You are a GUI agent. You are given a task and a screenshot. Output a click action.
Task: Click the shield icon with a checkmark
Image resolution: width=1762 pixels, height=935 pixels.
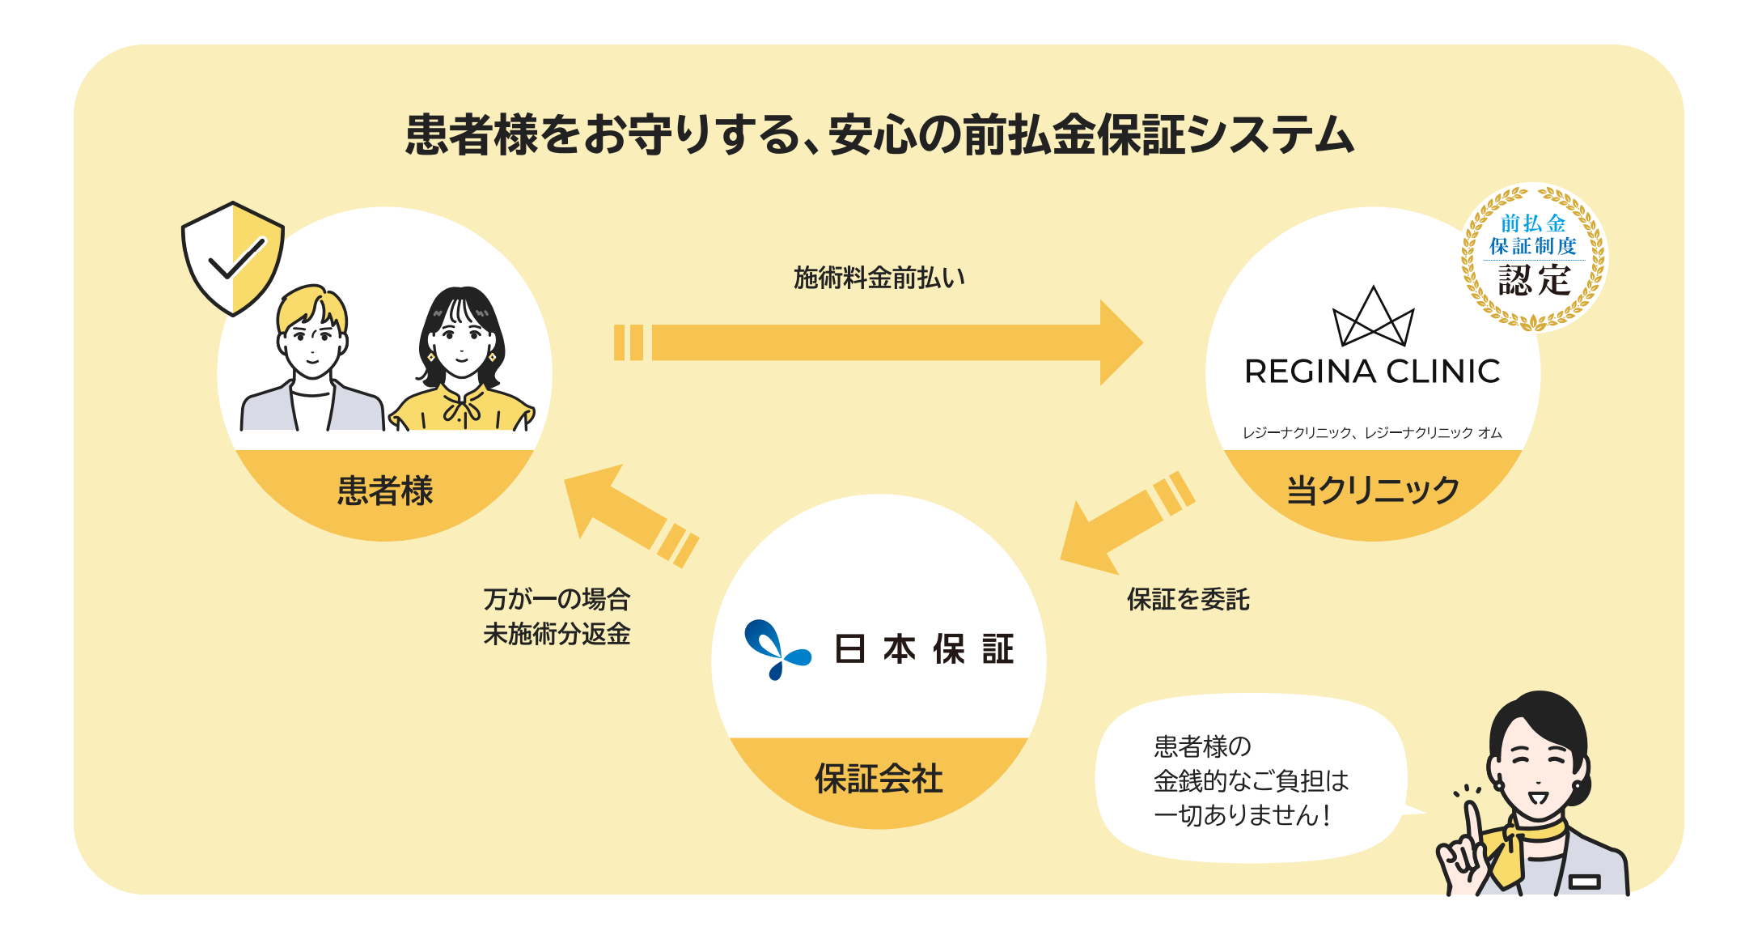click(233, 257)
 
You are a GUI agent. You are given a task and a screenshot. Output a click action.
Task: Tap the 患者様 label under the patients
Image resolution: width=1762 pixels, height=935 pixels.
click(385, 491)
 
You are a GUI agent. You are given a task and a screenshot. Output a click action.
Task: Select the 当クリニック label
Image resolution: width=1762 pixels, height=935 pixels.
click(1373, 491)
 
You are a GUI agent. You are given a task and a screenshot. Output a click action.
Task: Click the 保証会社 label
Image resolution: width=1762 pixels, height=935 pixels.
click(879, 779)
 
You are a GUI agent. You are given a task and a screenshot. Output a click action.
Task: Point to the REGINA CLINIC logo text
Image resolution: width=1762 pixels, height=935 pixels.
click(1372, 372)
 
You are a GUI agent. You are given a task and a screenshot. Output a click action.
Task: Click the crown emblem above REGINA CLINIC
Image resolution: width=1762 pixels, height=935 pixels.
click(1373, 317)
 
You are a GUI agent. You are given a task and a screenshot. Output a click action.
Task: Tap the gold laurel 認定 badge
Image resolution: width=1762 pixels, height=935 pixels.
click(1533, 257)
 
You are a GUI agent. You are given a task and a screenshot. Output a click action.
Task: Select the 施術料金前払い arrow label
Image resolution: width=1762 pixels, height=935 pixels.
click(879, 278)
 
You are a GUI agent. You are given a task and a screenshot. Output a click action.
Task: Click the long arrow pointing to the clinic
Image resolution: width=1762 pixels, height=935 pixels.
click(879, 342)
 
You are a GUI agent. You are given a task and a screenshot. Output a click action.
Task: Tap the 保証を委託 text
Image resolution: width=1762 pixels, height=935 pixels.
click(1188, 600)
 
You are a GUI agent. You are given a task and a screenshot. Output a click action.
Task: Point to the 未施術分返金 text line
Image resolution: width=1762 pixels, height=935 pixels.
click(557, 634)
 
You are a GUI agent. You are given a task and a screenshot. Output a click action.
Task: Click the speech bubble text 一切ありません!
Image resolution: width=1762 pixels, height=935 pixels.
click(1242, 815)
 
